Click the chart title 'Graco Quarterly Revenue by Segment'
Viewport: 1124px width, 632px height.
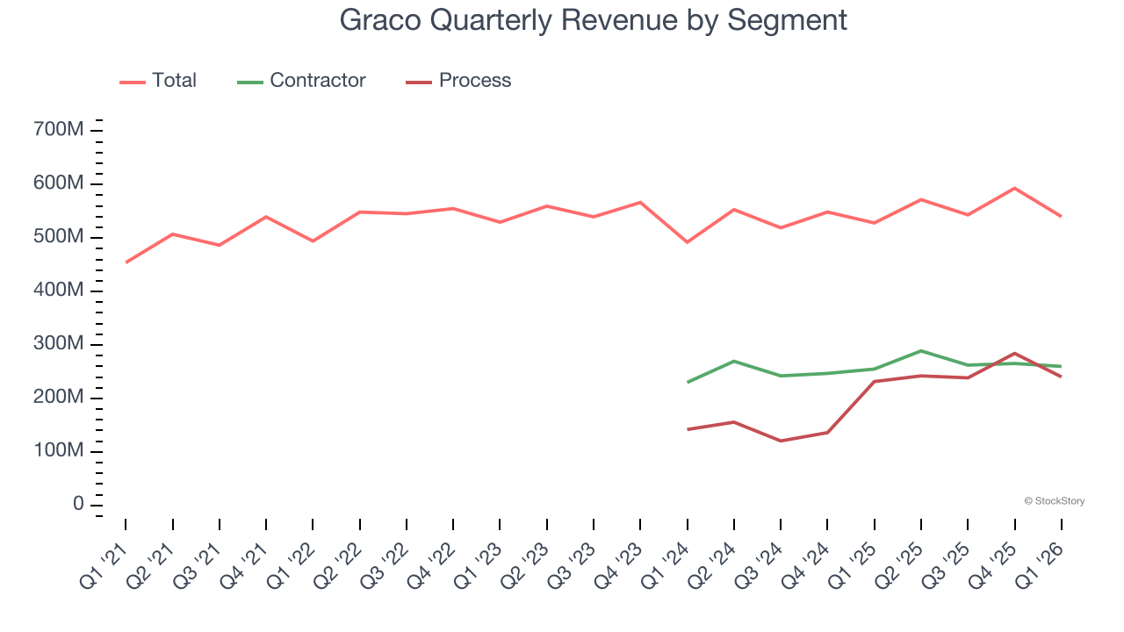(594, 21)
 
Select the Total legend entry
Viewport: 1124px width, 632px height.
(158, 81)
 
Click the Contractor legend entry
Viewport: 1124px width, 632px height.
(301, 81)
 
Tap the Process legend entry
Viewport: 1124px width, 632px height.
(458, 81)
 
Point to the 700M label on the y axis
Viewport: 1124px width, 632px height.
(58, 130)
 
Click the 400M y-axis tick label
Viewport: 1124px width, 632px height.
(58, 291)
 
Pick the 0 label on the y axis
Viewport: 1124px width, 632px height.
(78, 505)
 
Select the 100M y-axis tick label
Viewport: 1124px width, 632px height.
(58, 451)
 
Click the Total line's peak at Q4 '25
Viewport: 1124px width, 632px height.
(1014, 188)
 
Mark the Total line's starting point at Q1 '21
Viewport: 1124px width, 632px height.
(126, 262)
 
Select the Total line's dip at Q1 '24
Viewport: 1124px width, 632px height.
(687, 242)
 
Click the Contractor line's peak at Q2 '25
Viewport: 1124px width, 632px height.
(921, 350)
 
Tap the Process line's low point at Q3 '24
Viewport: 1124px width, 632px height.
(781, 441)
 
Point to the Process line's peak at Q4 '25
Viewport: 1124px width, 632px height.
(1014, 353)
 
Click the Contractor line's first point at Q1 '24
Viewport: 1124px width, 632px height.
(687, 382)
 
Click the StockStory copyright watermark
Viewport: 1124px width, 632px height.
(1054, 501)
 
